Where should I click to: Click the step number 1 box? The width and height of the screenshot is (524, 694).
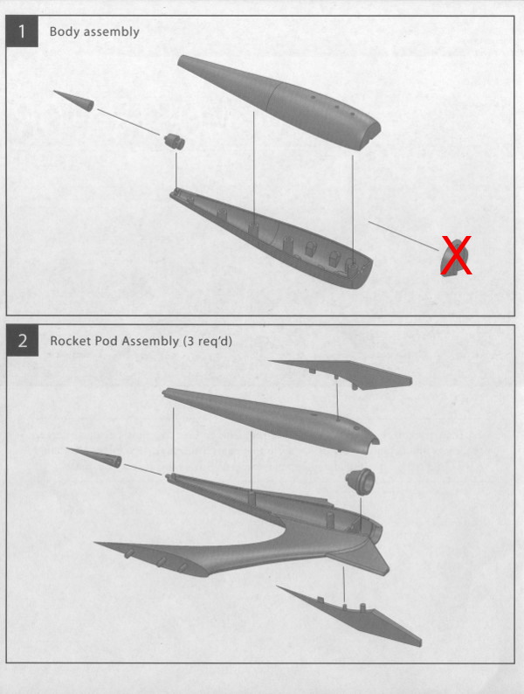(x=22, y=31)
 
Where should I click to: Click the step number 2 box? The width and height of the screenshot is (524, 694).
(x=22, y=340)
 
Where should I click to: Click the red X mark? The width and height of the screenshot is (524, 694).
(x=456, y=255)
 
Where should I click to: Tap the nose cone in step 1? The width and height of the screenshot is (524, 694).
(x=75, y=101)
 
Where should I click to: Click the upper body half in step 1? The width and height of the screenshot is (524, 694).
(x=279, y=101)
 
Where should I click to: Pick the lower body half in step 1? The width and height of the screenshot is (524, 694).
(x=272, y=239)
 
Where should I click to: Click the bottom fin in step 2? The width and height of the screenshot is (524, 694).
(x=349, y=615)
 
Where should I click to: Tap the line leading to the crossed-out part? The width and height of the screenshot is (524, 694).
(x=404, y=236)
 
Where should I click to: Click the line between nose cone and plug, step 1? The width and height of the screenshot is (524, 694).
(x=128, y=121)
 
